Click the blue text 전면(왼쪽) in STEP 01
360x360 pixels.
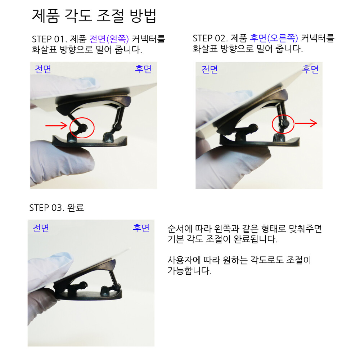tap(109, 39)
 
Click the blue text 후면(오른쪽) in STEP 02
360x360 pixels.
tap(274, 38)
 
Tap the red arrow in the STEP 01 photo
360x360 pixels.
tap(56, 126)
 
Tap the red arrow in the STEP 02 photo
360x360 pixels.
tap(306, 123)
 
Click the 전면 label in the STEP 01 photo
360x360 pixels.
tap(43, 69)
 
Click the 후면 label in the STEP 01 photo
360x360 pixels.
tap(143, 69)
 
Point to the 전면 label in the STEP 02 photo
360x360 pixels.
tap(210, 69)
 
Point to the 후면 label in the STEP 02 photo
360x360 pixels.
tap(310, 69)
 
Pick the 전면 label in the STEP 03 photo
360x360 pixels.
tap(41, 228)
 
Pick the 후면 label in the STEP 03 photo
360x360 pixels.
tap(141, 228)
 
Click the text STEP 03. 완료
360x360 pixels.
tap(57, 208)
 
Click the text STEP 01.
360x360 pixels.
tap(49, 39)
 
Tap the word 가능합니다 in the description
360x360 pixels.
tap(189, 271)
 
